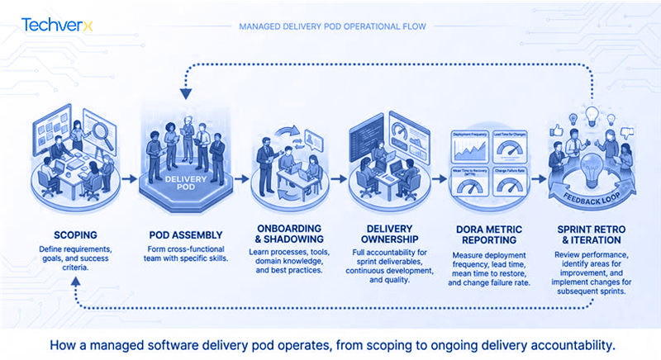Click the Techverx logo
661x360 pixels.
coord(57,25)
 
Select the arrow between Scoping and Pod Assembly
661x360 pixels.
coord(130,178)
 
